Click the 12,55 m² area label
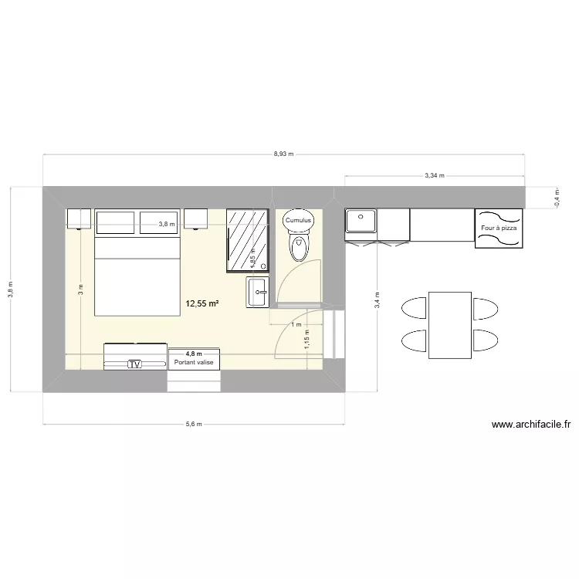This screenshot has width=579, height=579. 202,303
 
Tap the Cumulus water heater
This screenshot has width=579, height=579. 298,220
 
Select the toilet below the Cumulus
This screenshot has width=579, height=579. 298,247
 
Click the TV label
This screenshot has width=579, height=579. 135,364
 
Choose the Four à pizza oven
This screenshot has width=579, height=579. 499,228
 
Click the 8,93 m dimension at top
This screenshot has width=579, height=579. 283,154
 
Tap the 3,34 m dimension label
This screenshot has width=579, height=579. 434,176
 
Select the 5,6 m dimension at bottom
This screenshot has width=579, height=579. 194,424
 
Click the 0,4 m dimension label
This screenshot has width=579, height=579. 557,198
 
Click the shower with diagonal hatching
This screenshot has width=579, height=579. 248,240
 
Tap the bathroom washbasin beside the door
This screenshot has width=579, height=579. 257,293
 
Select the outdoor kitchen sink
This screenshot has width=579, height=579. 361,222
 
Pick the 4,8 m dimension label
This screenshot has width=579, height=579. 193,354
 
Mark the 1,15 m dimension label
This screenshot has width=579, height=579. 306,339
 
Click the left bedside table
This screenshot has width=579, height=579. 79,219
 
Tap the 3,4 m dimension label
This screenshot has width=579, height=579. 377,300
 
